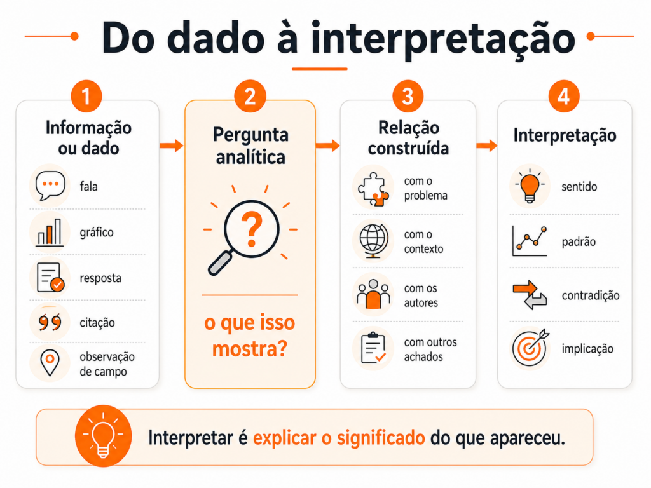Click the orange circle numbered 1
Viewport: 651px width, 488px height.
pyautogui.click(x=86, y=97)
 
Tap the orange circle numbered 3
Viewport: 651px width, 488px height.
pyautogui.click(x=408, y=97)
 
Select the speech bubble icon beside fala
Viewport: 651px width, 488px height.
pyautogui.click(x=50, y=186)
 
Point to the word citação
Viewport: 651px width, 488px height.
pyautogui.click(x=97, y=323)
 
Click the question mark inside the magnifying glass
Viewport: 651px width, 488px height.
pyautogui.click(x=252, y=229)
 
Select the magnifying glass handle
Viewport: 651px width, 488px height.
pyautogui.click(x=221, y=263)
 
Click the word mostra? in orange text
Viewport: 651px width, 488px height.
pyautogui.click(x=249, y=349)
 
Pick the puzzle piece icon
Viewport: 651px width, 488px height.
pyautogui.click(x=373, y=189)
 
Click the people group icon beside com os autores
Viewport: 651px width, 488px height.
pyautogui.click(x=373, y=294)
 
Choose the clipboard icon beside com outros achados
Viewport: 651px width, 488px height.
pyautogui.click(x=373, y=348)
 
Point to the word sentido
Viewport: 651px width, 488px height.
pyautogui.click(x=579, y=187)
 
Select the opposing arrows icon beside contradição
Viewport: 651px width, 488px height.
pyautogui.click(x=530, y=295)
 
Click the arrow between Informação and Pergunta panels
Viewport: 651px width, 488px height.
pyautogui.click(x=172, y=146)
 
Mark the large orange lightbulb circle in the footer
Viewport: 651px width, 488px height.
pyautogui.click(x=104, y=436)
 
